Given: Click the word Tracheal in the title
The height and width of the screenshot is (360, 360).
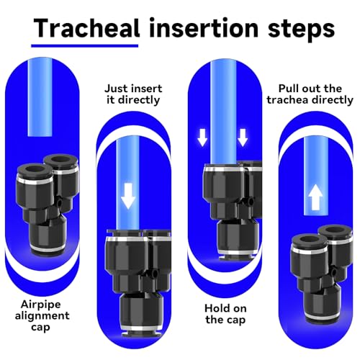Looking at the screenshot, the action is click(86, 28).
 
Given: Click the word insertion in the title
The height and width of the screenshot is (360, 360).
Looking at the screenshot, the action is click(204, 28).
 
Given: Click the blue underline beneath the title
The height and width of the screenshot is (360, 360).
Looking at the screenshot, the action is click(85, 45).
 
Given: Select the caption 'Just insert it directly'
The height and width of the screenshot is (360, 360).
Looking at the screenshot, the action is click(133, 94).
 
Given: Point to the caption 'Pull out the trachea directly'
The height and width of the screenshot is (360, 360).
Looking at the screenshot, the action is click(310, 94).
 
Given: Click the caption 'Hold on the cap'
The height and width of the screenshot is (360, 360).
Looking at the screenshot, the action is click(225, 315).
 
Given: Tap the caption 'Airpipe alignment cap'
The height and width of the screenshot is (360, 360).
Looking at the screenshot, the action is click(42, 316).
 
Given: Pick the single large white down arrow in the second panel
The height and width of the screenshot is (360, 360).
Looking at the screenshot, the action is click(128, 196).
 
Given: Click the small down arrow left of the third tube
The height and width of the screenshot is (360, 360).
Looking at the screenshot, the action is click(202, 138).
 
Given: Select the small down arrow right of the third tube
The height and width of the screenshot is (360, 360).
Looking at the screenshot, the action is click(243, 138).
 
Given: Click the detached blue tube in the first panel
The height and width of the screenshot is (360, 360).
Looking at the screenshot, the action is click(40, 97).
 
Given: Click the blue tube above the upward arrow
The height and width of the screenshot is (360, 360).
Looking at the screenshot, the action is click(315, 175).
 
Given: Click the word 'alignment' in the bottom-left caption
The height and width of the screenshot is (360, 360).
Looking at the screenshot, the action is click(42, 316).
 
